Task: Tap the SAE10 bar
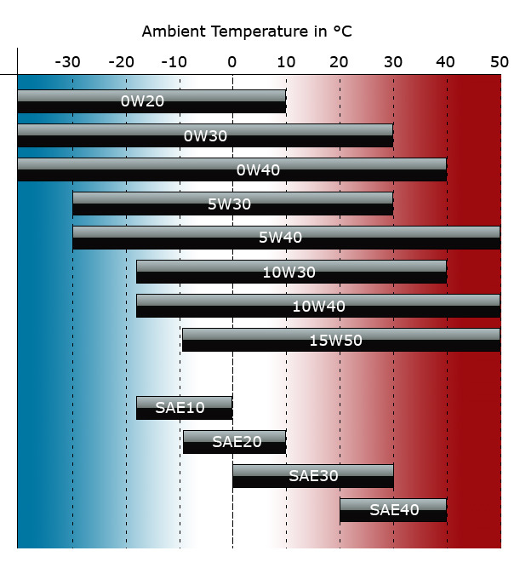[183, 408]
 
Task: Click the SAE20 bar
[234, 442]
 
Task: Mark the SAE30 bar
[312, 476]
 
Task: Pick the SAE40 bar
[392, 510]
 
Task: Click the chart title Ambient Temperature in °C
[247, 32]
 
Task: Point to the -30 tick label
[67, 61]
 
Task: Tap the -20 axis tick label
[122, 61]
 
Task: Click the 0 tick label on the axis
[231, 61]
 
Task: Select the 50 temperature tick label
[500, 61]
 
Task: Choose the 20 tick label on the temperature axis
[339, 61]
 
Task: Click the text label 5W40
[280, 238]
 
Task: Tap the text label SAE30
[313, 476]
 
